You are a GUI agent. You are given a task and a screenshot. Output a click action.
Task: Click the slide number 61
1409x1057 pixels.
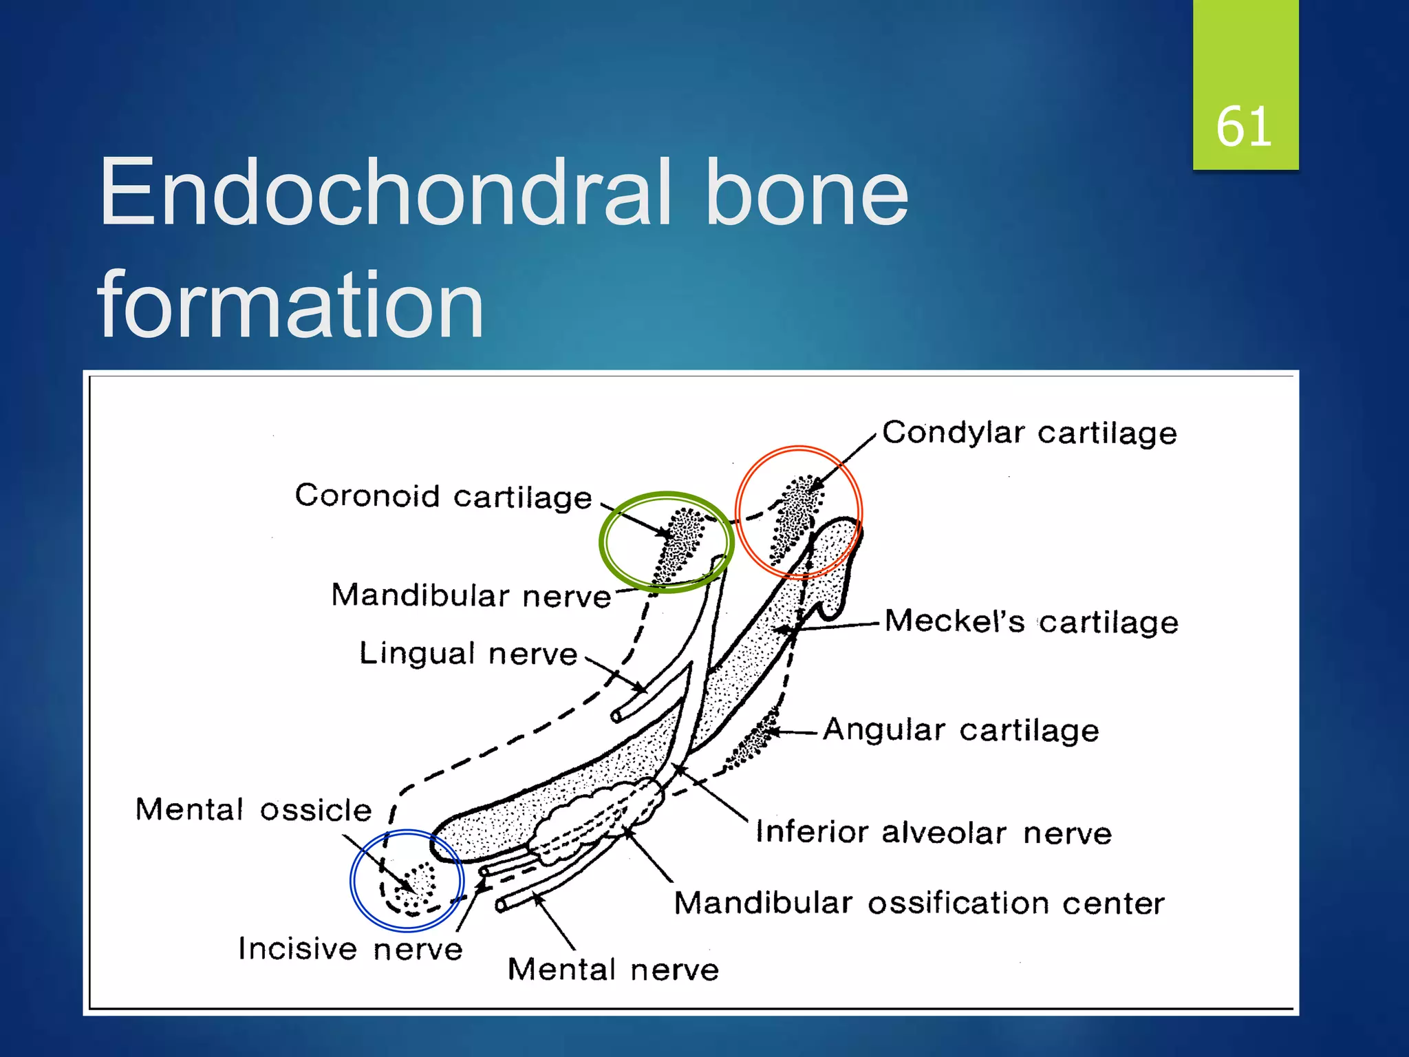[x=1244, y=127]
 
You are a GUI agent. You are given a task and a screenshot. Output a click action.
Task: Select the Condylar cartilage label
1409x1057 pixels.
[x=1029, y=433]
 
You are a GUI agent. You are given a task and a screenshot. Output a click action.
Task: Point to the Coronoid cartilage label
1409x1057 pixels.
[x=443, y=496]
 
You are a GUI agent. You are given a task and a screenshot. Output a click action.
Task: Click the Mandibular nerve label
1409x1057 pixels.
[x=471, y=595]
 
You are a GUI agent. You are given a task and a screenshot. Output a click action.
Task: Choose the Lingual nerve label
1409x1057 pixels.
[x=468, y=653]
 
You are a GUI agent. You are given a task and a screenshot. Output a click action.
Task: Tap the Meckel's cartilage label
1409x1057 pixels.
[x=1031, y=621]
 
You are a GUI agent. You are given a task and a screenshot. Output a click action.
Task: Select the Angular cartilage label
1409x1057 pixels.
[x=960, y=729]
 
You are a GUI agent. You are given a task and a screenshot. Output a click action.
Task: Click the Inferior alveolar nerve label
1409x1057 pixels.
[x=933, y=833]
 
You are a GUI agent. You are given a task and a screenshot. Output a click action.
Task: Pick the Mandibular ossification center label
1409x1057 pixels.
[x=918, y=903]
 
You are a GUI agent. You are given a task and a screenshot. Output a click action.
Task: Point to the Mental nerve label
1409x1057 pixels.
[x=612, y=970]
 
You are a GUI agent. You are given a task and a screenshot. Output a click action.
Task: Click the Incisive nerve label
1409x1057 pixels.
[x=350, y=949]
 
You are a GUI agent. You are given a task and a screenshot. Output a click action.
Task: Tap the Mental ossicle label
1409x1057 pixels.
[x=253, y=810]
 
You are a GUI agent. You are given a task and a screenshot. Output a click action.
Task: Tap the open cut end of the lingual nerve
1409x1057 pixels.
[x=616, y=717]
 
